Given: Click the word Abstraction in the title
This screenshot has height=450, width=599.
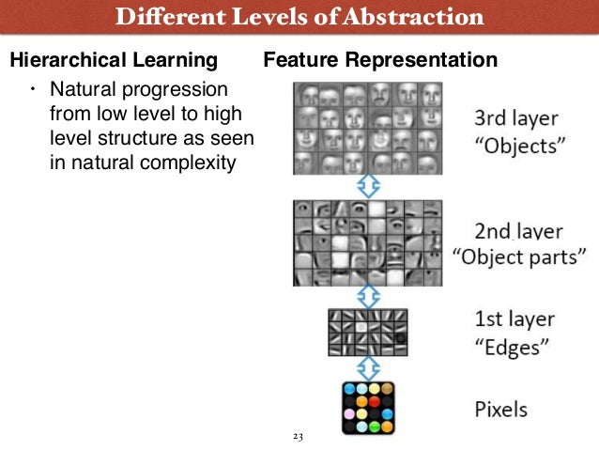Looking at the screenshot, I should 415,16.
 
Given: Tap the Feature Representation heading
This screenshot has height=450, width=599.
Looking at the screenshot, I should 380,61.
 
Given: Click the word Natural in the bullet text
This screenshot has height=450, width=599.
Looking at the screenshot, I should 83,90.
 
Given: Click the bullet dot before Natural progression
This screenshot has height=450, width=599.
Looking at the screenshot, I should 32,90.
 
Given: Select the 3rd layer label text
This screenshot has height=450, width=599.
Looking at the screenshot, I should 516,118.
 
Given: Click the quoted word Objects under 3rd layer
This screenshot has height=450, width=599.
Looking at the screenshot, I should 516,147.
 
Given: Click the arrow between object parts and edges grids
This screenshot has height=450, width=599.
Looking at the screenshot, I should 369,297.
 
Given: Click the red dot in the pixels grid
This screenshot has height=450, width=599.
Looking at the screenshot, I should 375,401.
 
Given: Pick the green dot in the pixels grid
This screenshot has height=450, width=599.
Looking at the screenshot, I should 375,427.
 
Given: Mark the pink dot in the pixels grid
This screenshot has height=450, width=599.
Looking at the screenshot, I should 349,414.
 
